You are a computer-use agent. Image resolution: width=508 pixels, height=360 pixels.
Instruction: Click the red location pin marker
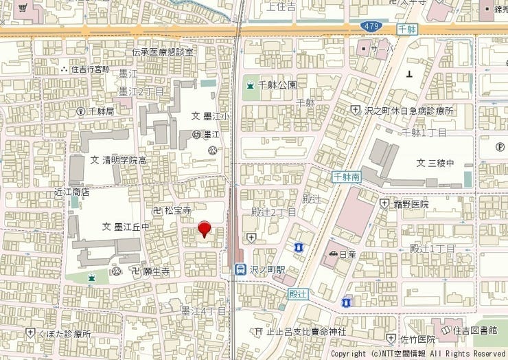pyautogui.click(x=204, y=228)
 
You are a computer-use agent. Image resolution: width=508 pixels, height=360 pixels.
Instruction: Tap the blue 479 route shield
pyautogui.click(x=369, y=26)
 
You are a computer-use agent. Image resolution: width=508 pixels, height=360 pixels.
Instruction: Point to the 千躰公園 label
pyautogui.click(x=278, y=85)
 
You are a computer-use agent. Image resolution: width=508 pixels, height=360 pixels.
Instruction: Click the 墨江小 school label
pyautogui.click(x=216, y=116)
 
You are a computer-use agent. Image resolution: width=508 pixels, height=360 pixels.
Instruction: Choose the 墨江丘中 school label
pyautogui.click(x=131, y=227)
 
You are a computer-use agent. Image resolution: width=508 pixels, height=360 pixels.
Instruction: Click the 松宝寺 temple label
pyautogui.click(x=176, y=210)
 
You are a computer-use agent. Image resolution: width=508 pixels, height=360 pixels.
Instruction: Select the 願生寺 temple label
pyautogui.click(x=155, y=271)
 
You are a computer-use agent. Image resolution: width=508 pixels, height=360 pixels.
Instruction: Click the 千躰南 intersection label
pyautogui.click(x=347, y=177)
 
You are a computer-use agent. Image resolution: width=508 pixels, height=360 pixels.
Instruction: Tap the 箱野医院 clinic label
pyautogui.click(x=411, y=204)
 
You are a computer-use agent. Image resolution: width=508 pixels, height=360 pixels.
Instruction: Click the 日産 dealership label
pyautogui.click(x=347, y=254)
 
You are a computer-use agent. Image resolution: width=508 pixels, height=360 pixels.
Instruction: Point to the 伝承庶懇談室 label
pyautogui.click(x=163, y=52)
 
